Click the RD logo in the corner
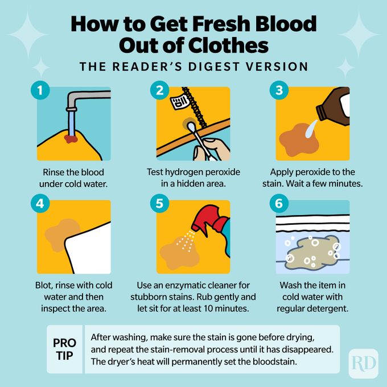click(361, 362)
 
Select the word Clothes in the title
click(230, 46)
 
